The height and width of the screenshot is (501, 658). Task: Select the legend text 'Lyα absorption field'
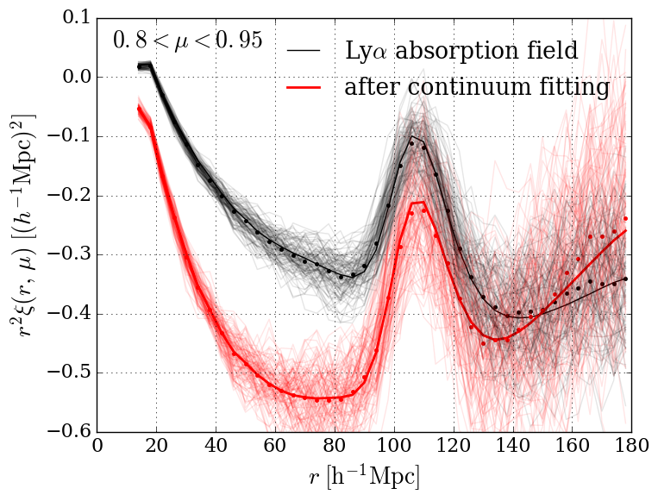461,50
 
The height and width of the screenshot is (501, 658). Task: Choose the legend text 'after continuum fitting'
477,87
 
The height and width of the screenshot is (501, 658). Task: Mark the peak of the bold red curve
419,203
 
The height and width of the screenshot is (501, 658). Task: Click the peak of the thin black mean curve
413,136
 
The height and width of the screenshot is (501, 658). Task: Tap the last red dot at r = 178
625,219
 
